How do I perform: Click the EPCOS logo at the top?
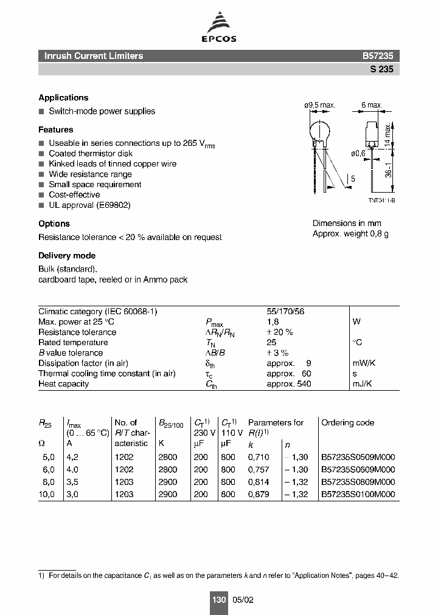tap(219, 30)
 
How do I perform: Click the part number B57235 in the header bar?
tap(378, 56)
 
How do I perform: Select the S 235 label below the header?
tap(381, 69)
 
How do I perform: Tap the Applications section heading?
tap(63, 98)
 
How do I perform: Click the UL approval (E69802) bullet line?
tap(89, 205)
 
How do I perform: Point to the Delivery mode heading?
tap(67, 256)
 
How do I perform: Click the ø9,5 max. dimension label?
tap(319, 105)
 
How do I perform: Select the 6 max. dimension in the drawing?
tap(371, 105)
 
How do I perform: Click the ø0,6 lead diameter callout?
tap(358, 154)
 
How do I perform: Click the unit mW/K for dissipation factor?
tap(364, 363)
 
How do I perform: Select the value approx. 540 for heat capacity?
tap(289, 384)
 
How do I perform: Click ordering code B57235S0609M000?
tap(358, 470)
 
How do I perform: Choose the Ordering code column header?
tap(347, 422)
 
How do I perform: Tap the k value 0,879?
tap(259, 495)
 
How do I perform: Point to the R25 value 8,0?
tap(47, 482)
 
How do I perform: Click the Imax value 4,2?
tap(72, 457)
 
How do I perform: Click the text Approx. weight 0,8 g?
tap(350, 234)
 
